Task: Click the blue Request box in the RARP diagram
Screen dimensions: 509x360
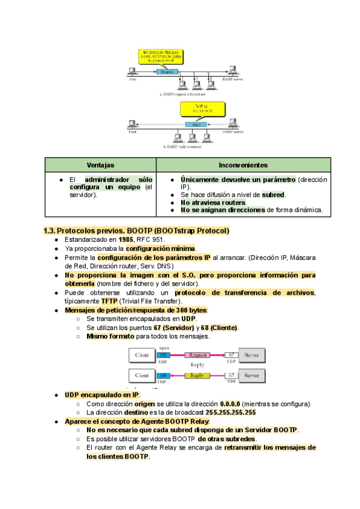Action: click(167, 71)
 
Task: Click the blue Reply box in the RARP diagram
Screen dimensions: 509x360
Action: click(194, 125)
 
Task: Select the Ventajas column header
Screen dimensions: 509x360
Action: click(100, 165)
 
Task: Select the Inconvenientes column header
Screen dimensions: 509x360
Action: click(243, 165)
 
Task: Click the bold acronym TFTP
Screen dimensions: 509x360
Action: click(109, 301)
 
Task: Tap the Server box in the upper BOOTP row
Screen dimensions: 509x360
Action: click(252, 355)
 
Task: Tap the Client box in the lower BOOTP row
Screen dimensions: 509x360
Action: click(142, 376)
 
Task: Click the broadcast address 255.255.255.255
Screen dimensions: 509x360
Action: click(231, 412)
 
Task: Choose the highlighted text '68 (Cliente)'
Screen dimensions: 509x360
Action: click(220, 328)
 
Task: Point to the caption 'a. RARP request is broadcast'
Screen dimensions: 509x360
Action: click(182, 94)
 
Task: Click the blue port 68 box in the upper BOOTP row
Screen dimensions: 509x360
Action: click(164, 355)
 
